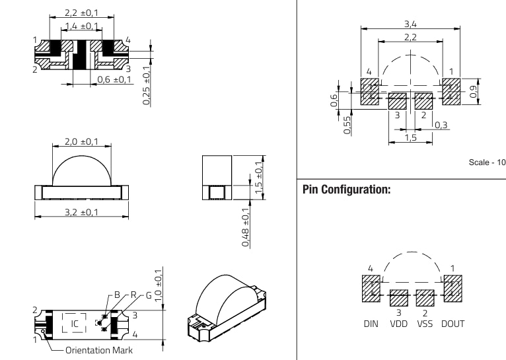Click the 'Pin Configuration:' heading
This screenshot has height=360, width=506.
tap(346, 190)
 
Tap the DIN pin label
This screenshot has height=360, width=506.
tap(371, 324)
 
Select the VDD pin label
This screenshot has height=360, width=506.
tap(399, 324)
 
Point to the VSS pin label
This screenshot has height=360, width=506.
tap(425, 324)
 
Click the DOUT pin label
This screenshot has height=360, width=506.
tap(452, 324)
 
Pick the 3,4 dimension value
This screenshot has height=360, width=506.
tap(410, 24)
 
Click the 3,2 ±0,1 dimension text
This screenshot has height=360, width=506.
tap(81, 212)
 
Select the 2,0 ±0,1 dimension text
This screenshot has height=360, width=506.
tap(81, 141)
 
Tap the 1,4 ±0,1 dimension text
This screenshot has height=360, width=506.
tap(81, 26)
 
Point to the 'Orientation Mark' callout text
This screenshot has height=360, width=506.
tap(98, 350)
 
